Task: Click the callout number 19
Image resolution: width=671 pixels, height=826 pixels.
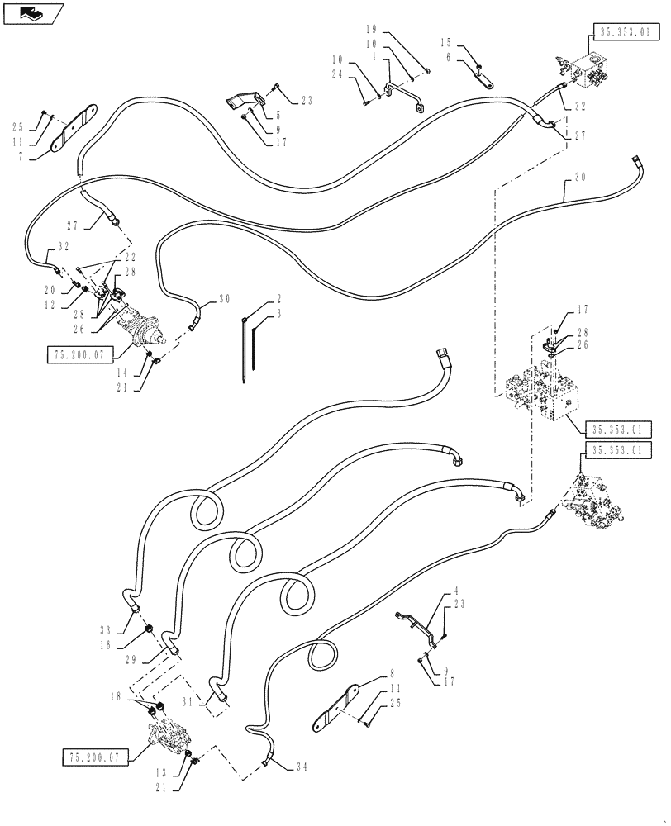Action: tap(371, 27)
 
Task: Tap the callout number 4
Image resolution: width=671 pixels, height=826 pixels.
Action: tap(455, 592)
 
